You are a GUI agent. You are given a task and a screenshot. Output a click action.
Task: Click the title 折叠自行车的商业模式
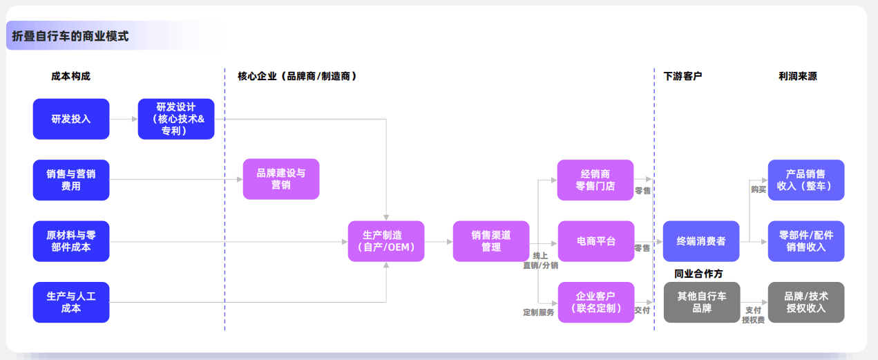[70, 36]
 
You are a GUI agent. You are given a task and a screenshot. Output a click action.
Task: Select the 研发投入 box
[71, 119]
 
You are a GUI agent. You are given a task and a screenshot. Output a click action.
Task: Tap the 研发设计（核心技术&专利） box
[176, 119]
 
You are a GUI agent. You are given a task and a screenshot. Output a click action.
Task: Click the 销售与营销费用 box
[71, 180]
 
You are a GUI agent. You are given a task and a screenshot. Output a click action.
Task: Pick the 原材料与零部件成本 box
[71, 241]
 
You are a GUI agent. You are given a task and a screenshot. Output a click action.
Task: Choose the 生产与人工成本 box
[71, 302]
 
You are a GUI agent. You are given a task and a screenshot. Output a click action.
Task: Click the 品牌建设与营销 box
[281, 179]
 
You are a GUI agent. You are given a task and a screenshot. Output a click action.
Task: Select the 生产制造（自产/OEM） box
[386, 241]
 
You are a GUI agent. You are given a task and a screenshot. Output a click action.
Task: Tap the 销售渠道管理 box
[491, 241]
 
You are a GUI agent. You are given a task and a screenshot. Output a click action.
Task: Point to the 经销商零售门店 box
[595, 180]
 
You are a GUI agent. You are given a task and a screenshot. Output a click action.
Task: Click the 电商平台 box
[595, 241]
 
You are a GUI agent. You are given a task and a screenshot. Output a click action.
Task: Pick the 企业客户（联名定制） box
[595, 302]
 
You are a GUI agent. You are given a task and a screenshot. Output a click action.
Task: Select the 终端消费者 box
[701, 241]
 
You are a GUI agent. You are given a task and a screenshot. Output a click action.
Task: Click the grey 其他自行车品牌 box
[701, 302]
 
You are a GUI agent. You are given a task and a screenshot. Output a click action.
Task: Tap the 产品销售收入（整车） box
[806, 180]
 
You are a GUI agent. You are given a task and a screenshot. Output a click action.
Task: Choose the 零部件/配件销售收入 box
[806, 241]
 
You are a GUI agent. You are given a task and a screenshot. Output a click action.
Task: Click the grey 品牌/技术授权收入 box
[806, 302]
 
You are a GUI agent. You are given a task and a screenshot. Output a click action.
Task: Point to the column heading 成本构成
[70, 76]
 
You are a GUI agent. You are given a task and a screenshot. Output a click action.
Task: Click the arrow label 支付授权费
[753, 315]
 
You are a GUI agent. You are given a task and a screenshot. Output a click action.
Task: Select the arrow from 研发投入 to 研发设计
[124, 119]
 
